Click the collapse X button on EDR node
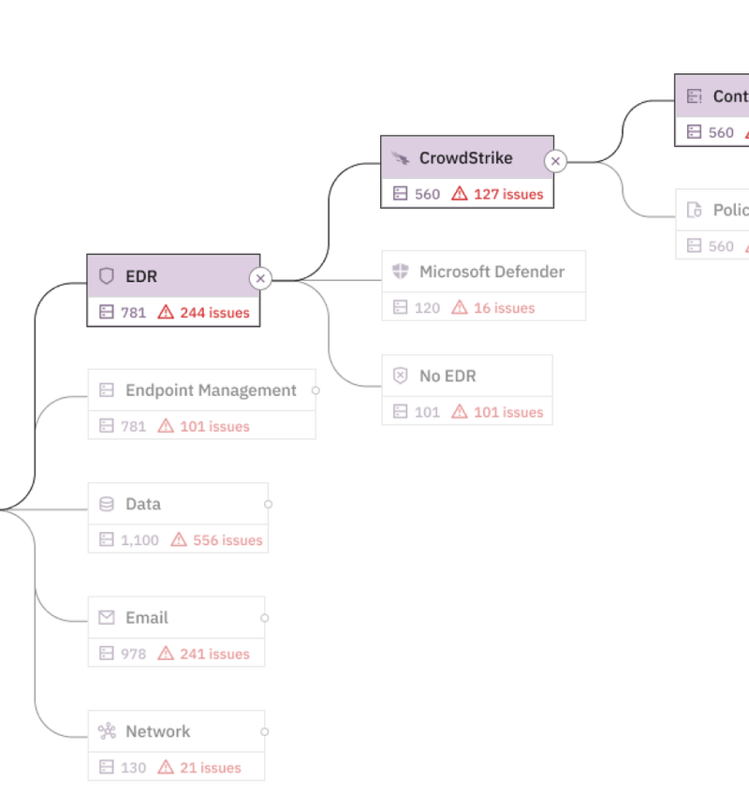[260, 278]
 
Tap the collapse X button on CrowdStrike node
[555, 161]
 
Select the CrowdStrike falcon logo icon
[401, 158]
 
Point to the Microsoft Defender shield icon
[401, 272]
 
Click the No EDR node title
[448, 376]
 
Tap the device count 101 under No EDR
[427, 412]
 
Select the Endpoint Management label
[211, 390]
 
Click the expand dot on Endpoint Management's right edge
[316, 390]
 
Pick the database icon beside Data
[107, 504]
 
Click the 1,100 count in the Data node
[140, 540]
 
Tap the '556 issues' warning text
[228, 540]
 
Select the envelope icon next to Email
[107, 618]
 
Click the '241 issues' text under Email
[214, 654]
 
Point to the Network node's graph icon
[107, 731]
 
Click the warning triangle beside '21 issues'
[166, 768]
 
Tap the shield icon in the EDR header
[107, 276]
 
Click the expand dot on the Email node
[266, 618]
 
